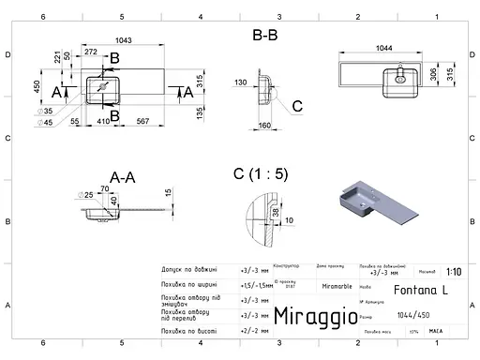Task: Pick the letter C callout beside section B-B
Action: [296, 106]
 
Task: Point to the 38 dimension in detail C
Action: [274, 212]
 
